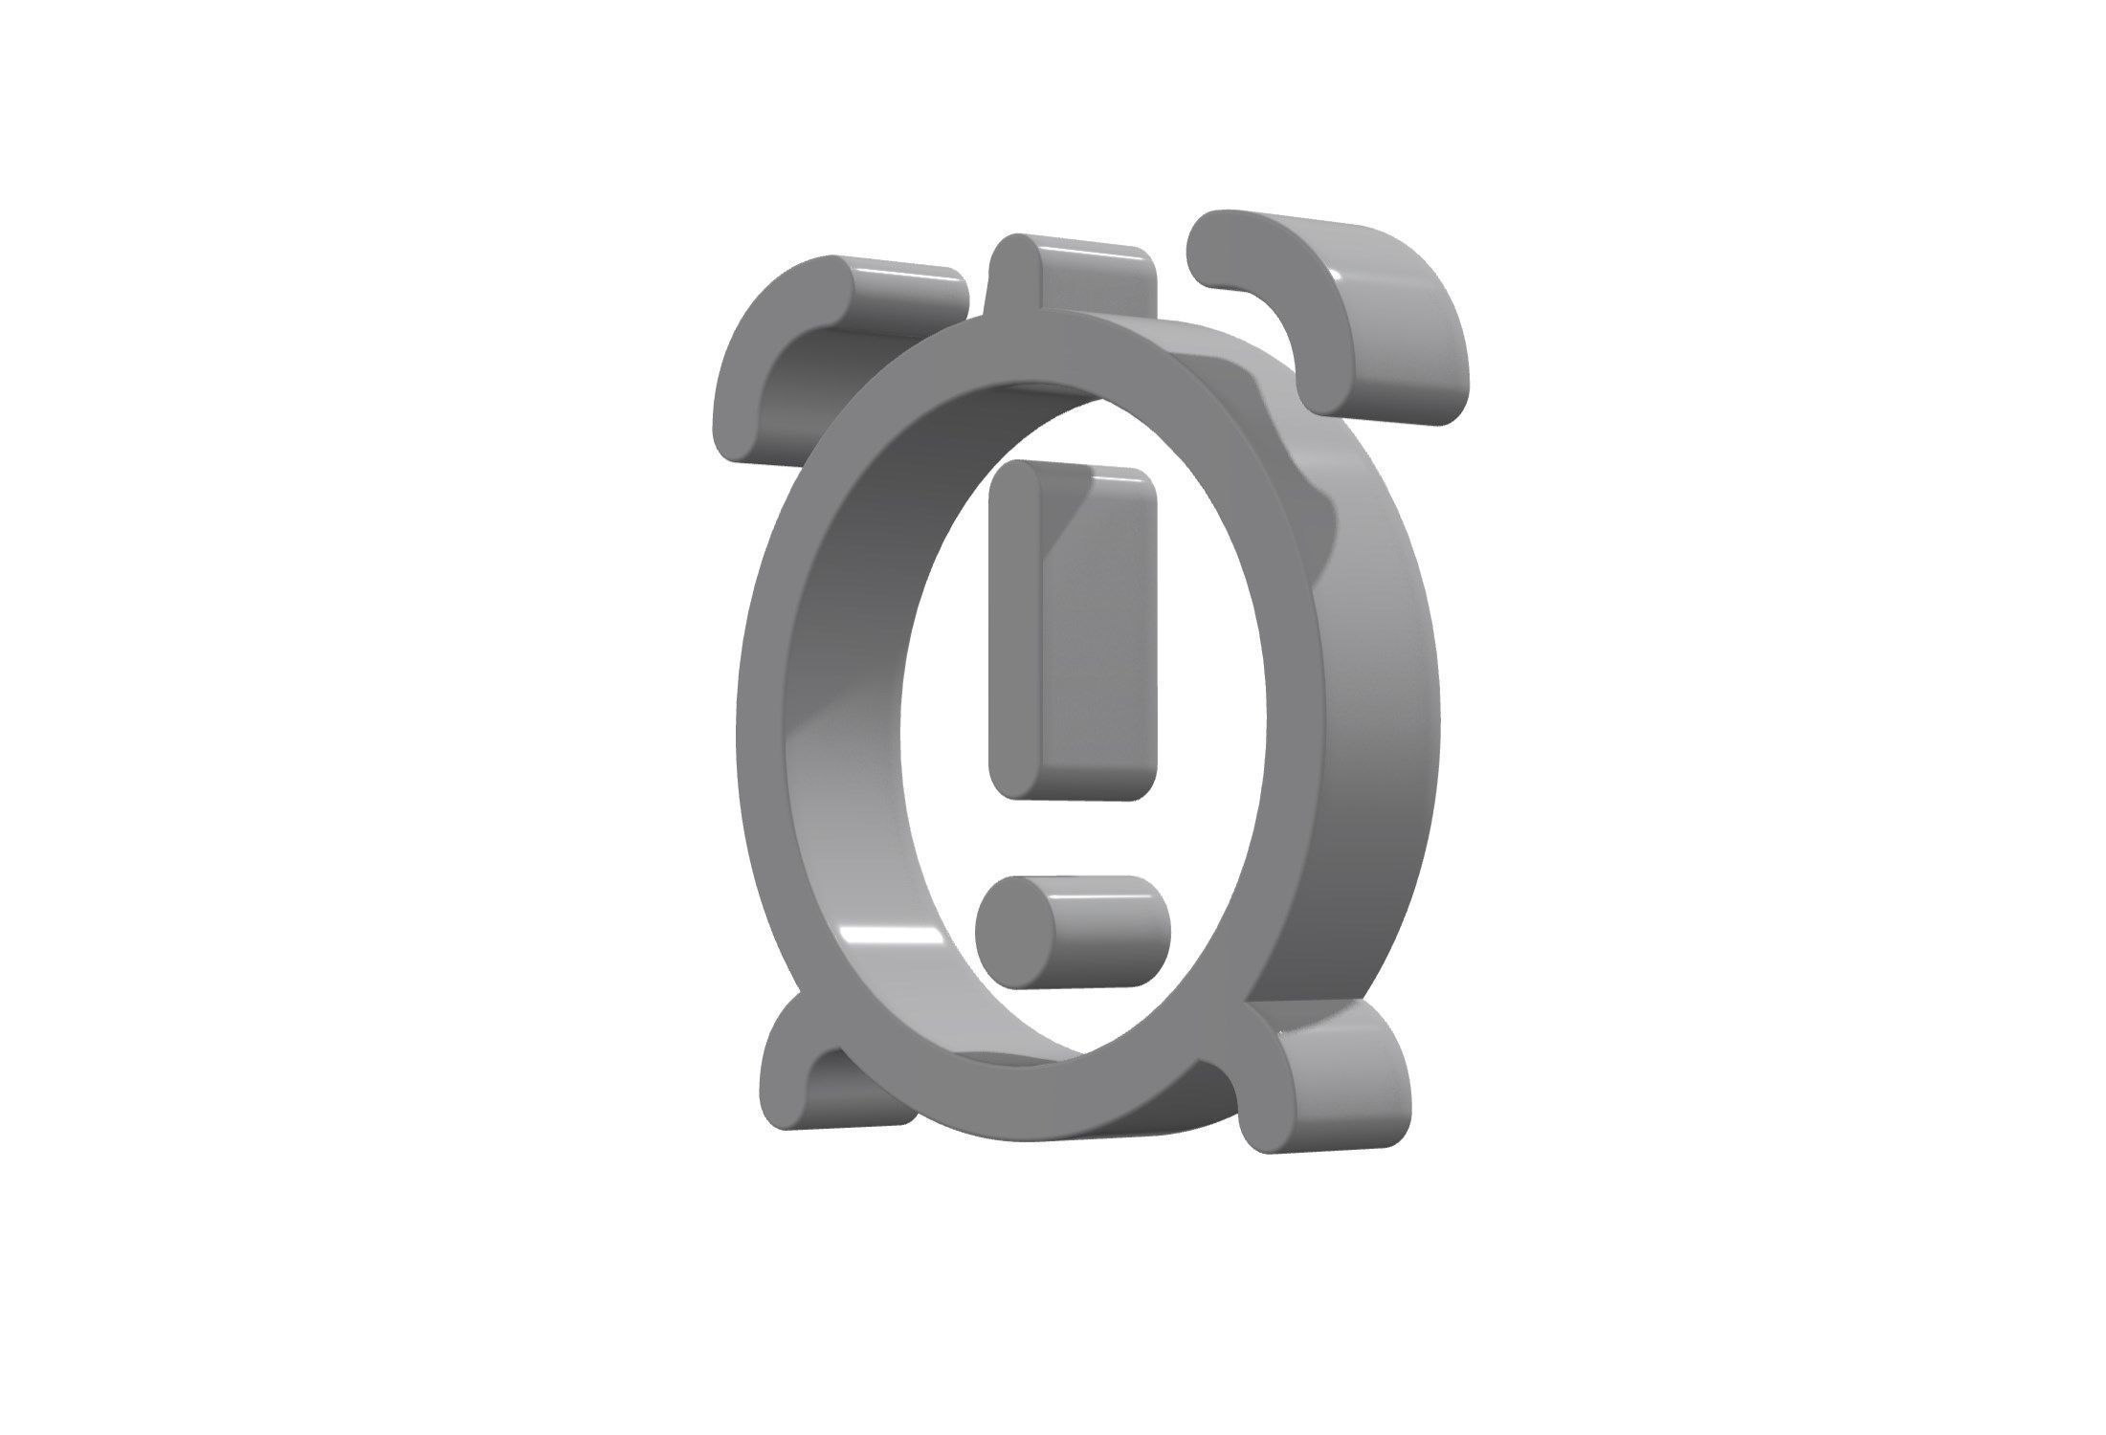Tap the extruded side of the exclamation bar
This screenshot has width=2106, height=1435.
click(x=1100, y=651)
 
